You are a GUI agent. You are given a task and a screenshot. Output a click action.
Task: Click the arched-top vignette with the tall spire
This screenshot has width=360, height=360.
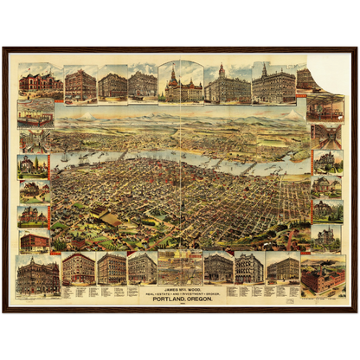coord(181,83)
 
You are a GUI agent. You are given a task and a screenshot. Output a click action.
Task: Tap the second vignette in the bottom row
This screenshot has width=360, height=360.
coord(79,268)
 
